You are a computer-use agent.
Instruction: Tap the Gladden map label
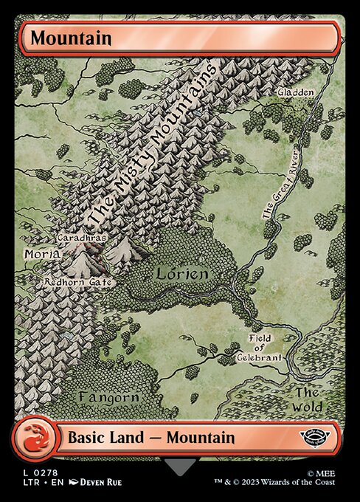296,92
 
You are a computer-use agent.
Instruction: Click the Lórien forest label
181,274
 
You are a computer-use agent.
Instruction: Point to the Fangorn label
108,397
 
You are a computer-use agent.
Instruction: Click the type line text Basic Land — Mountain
151,437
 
